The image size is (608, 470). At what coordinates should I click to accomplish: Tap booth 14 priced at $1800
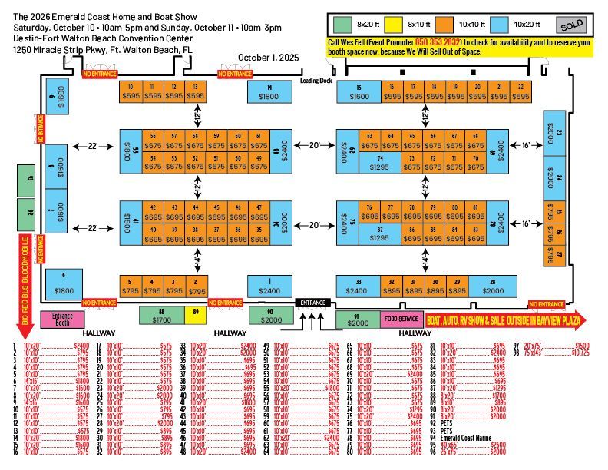pyautogui.click(x=269, y=92)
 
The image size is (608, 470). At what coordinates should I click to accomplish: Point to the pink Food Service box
pyautogui.click(x=401, y=319)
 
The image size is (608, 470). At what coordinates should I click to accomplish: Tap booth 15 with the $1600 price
pyautogui.click(x=359, y=92)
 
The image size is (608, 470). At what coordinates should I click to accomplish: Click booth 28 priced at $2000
pyautogui.click(x=493, y=286)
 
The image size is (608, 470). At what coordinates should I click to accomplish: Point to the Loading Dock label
pyautogui.click(x=316, y=81)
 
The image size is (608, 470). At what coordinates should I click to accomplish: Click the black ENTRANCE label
pyautogui.click(x=313, y=302)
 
